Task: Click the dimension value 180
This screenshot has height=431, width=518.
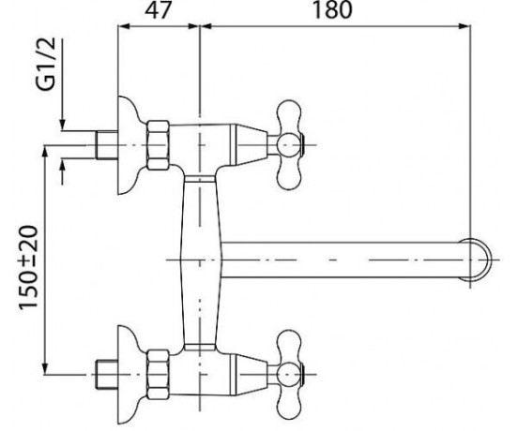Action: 332,9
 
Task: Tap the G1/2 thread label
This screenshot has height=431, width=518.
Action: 46,64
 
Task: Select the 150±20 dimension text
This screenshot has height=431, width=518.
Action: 28,268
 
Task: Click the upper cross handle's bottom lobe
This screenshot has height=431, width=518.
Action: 289,174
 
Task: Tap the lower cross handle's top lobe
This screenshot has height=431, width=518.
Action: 289,345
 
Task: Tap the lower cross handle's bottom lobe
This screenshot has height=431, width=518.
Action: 289,404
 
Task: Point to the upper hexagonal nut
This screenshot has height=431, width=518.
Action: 158,145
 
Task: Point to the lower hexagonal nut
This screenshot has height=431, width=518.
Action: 158,375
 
